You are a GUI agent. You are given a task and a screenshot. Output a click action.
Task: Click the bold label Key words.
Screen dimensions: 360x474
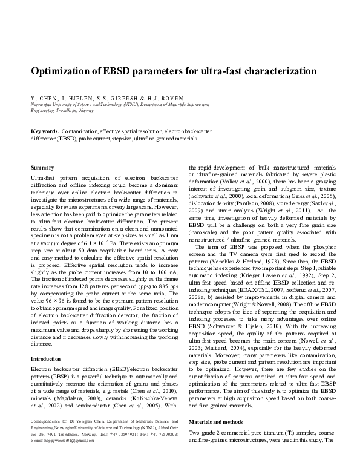(45, 131)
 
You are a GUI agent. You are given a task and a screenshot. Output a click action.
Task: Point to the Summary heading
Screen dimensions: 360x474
(42, 166)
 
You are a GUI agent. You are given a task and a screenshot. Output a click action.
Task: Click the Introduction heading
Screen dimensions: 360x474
(48, 359)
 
